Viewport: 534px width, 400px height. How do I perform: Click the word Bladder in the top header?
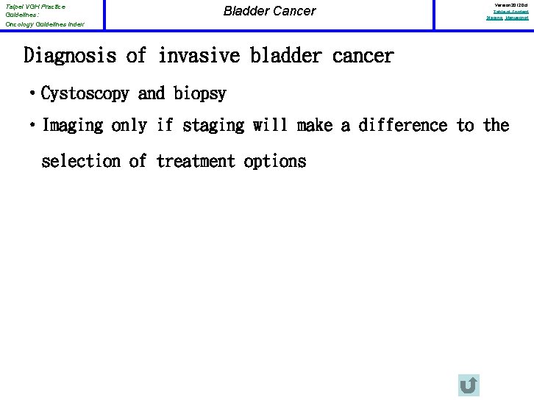(243, 11)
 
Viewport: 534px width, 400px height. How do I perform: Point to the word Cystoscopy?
(85, 94)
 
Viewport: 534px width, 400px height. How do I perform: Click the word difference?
(404, 126)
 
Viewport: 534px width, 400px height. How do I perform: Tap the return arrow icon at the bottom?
(468, 385)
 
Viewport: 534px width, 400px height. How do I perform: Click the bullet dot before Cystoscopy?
(33, 94)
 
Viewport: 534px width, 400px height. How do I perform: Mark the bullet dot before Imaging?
(33, 126)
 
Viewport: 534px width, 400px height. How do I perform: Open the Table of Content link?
(510, 11)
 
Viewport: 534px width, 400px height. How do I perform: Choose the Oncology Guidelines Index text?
(44, 24)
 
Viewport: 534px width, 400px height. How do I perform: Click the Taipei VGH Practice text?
(35, 7)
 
